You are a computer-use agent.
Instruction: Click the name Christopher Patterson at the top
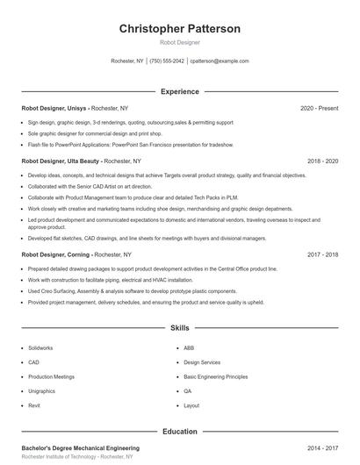point(179,28)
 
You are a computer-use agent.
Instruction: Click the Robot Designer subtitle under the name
point(179,42)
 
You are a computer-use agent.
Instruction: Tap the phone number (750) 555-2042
point(167,61)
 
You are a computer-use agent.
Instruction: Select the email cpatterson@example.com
point(220,61)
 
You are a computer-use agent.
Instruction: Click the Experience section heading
point(179,91)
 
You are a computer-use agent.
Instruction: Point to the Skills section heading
point(179,328)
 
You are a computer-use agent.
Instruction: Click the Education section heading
point(179,431)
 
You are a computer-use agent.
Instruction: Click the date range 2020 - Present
point(319,108)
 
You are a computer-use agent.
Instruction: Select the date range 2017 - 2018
point(322,254)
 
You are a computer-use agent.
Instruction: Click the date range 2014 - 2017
point(322,447)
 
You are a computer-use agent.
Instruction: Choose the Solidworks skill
point(40,347)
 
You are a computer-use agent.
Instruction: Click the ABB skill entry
point(189,347)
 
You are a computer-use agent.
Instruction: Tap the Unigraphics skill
point(41,391)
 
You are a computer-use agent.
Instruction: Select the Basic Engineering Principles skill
point(216,376)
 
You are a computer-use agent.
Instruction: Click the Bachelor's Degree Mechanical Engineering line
point(80,447)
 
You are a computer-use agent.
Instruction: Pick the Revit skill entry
point(34,406)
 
